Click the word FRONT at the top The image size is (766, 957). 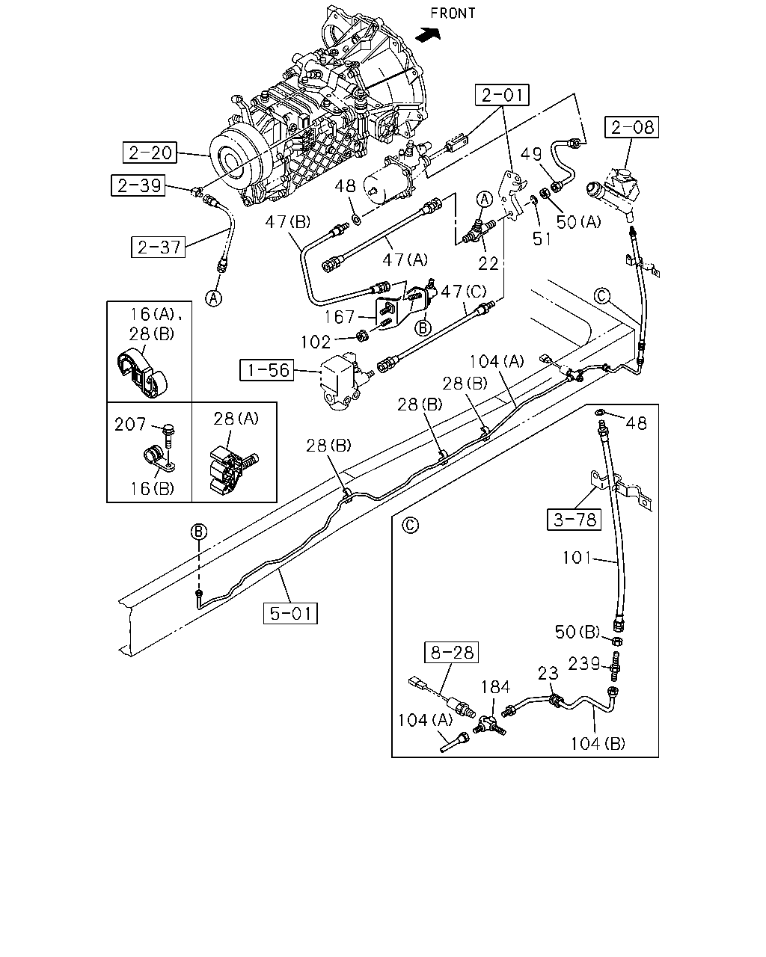[x=453, y=13]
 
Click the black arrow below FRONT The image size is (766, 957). [x=428, y=34]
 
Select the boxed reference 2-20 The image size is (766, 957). [x=150, y=153]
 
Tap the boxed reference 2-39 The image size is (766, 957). [x=138, y=185]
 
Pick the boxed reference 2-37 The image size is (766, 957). [x=158, y=247]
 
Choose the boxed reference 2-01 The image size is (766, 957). [x=502, y=95]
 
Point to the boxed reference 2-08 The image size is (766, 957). [x=631, y=127]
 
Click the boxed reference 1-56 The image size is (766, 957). [x=266, y=370]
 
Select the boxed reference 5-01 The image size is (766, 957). [x=290, y=613]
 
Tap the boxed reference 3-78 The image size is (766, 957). [x=574, y=520]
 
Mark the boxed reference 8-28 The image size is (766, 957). [x=451, y=653]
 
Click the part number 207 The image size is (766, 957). [x=130, y=424]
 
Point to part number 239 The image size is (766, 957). [x=584, y=663]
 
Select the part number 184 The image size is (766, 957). [x=495, y=686]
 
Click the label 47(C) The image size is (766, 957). [x=464, y=292]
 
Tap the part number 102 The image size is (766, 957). [x=316, y=342]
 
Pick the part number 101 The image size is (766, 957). [x=577, y=558]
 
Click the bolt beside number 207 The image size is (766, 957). [x=169, y=437]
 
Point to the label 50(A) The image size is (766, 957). [x=579, y=221]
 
